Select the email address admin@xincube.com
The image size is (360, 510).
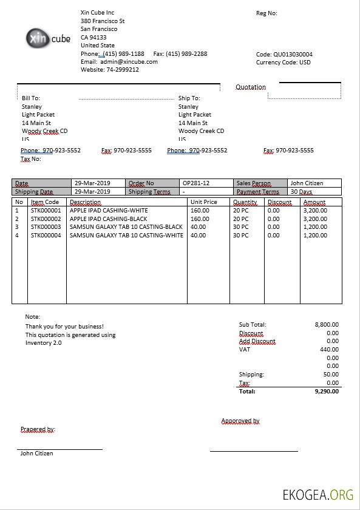(129, 62)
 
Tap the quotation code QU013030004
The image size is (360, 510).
(293, 54)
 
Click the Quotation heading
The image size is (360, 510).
(251, 87)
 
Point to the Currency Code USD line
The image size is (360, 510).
(284, 62)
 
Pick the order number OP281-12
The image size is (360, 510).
(196, 183)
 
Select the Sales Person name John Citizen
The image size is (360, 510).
(307, 183)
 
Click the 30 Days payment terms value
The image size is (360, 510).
(302, 192)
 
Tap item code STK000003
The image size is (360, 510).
(46, 227)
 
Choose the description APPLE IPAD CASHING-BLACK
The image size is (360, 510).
(109, 219)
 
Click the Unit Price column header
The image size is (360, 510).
(203, 202)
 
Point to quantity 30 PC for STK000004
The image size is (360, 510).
(240, 235)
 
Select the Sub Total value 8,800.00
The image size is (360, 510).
(327, 325)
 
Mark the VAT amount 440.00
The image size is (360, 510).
(329, 350)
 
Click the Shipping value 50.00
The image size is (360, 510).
(331, 375)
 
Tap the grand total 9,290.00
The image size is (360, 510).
(327, 392)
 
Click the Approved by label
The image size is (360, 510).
(240, 421)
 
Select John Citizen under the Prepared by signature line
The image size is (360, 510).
(36, 454)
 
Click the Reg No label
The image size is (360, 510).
(267, 13)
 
